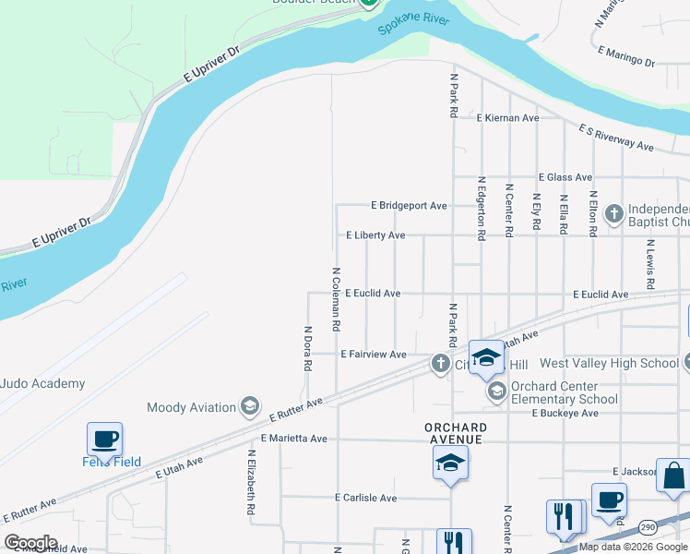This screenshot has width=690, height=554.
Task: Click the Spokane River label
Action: coord(412,25)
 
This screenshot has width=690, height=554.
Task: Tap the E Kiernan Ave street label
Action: coord(507,118)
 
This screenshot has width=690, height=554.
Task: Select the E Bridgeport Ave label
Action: coord(409,205)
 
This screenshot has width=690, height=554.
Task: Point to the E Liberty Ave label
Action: coord(375,235)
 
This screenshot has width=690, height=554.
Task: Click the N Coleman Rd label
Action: coord(337,299)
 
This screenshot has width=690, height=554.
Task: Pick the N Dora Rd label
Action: coord(307,347)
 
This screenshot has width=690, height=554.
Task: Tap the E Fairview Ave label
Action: coord(374,355)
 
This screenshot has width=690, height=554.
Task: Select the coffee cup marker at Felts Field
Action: coord(104,439)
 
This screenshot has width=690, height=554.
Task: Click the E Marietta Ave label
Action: coord(294,439)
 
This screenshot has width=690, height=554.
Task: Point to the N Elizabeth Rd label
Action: coord(250,482)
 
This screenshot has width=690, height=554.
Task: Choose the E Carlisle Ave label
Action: coord(366,498)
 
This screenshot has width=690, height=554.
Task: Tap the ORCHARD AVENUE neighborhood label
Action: coord(456,433)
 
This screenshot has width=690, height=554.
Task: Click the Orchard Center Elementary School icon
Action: coord(497,392)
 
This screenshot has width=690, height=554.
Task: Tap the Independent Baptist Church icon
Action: coord(614,215)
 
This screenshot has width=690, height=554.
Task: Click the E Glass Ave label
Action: coord(565,177)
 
